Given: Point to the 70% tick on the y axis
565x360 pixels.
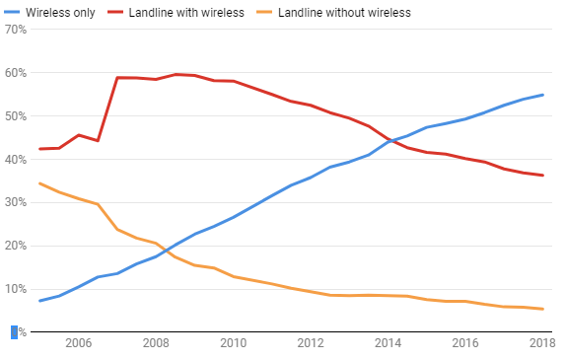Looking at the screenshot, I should (x=15, y=30).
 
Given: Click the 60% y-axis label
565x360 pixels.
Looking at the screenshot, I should (x=15, y=73).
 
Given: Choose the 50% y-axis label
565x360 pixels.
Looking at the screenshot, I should (x=15, y=116).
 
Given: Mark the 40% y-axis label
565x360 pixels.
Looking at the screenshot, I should (x=15, y=160).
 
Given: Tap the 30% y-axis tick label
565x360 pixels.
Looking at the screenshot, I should (x=15, y=203).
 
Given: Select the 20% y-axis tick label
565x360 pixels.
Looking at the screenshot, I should (x=15, y=247).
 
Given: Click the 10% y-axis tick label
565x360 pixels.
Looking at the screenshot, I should (x=15, y=289).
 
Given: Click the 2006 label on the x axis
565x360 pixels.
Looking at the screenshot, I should (x=78, y=344).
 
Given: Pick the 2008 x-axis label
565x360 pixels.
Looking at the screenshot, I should (x=155, y=344).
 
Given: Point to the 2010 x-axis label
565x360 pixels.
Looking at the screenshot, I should (x=233, y=344).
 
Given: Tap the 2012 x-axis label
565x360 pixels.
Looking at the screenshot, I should (x=310, y=344).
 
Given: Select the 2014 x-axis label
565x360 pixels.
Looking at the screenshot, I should (x=388, y=344).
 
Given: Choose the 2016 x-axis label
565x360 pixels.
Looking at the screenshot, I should (x=465, y=344).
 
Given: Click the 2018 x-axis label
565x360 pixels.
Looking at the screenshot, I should (x=540, y=344).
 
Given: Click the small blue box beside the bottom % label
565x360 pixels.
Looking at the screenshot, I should (x=14, y=332).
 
